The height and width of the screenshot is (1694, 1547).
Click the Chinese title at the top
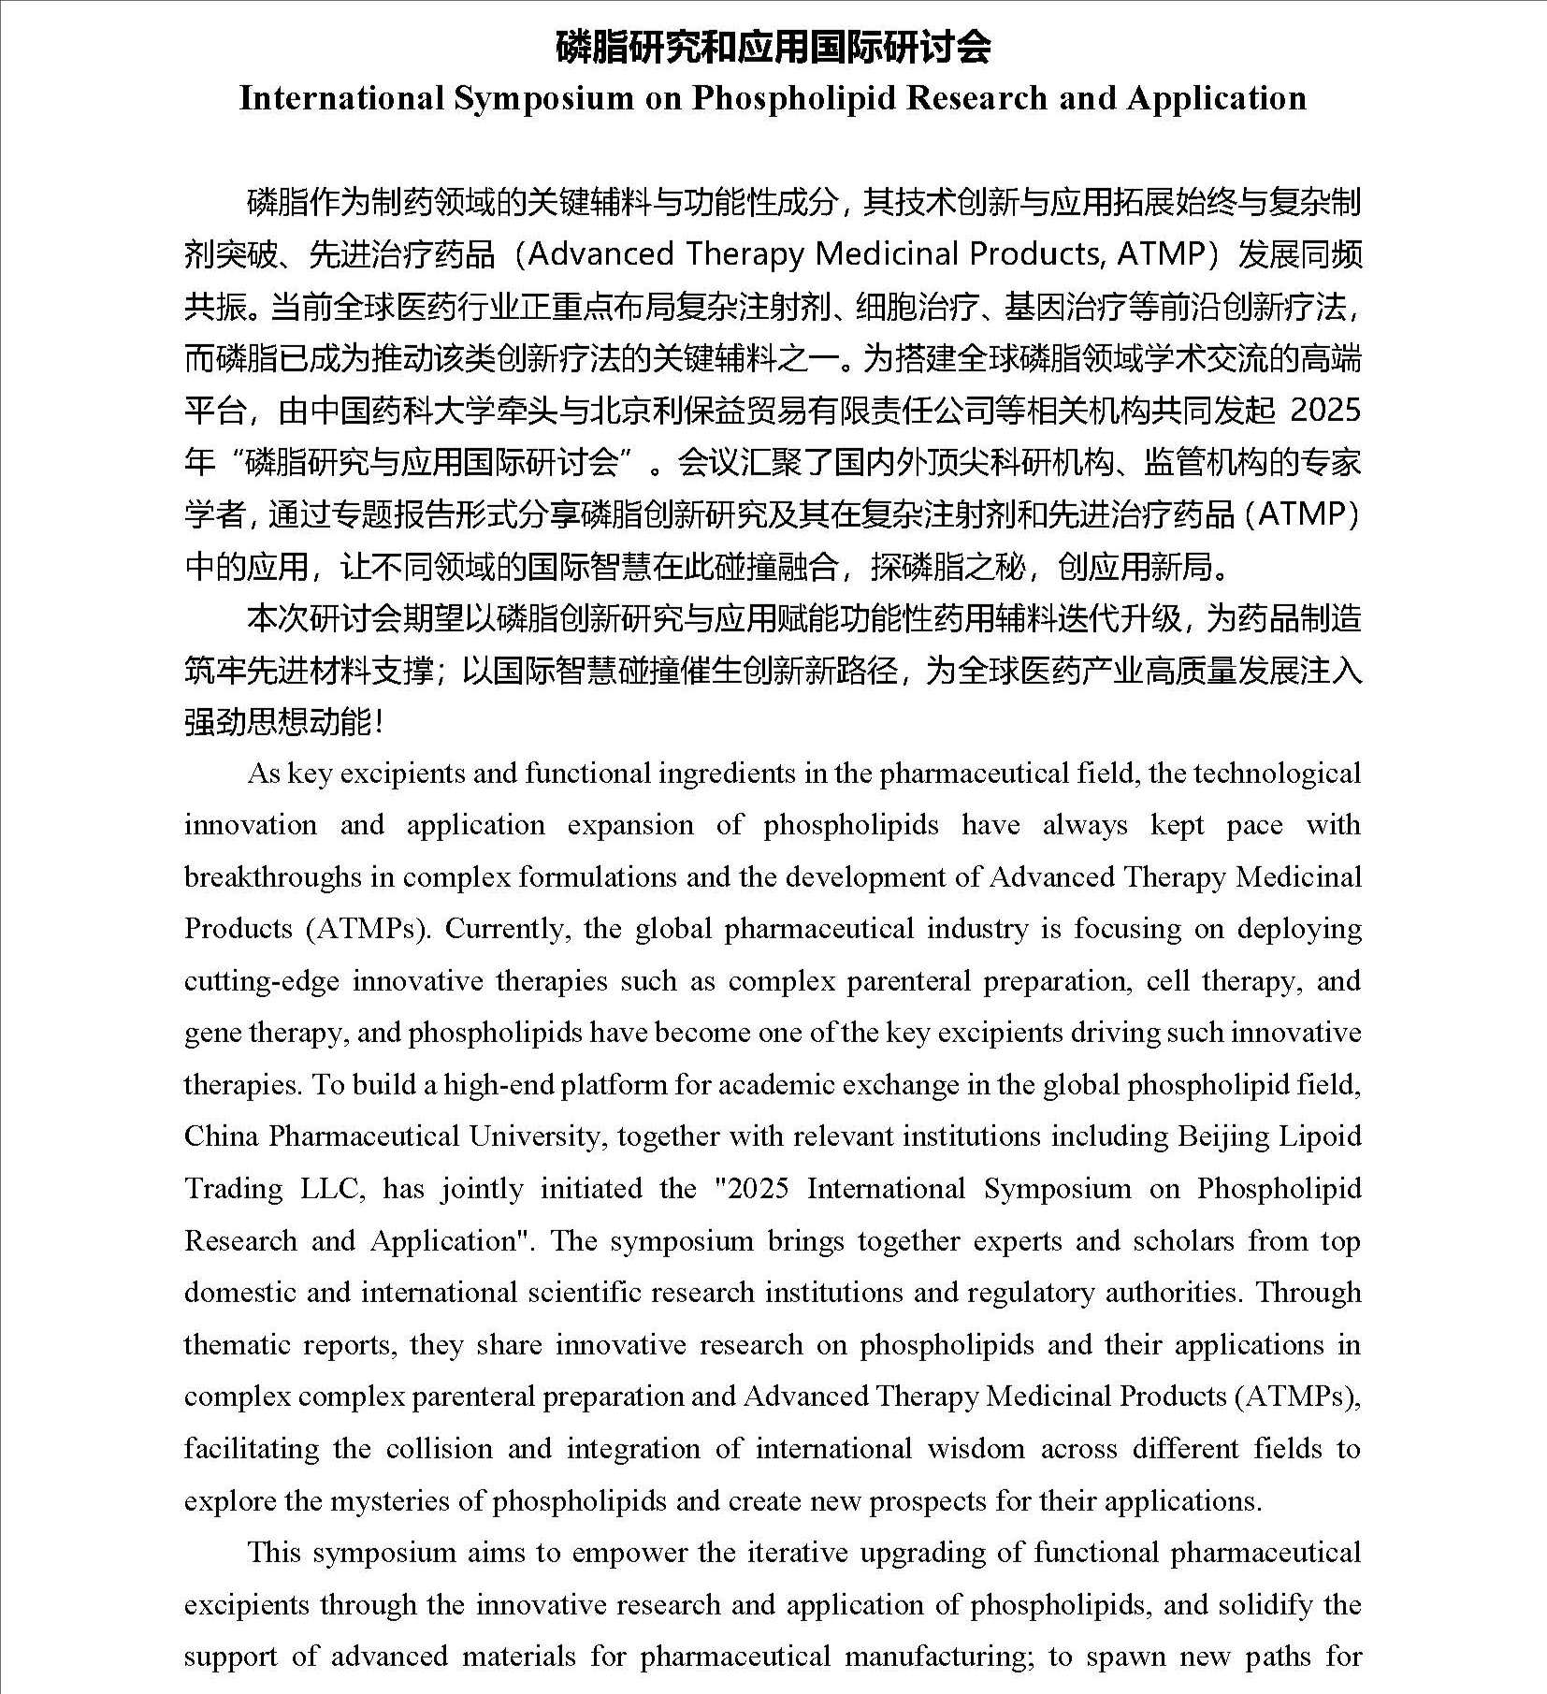pyautogui.click(x=773, y=47)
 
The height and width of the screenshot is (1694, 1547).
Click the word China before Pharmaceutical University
pyautogui.click(x=220, y=1136)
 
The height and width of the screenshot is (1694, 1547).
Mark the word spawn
pyautogui.click(x=1134, y=1657)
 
